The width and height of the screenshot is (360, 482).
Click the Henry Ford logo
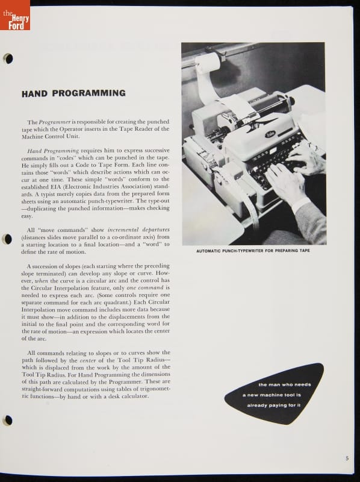point(15,15)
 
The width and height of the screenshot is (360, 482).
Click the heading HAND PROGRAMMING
point(73,93)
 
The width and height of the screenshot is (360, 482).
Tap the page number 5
point(347,459)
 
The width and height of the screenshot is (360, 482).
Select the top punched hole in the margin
point(8,58)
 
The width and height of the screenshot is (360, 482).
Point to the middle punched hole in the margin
point(7,239)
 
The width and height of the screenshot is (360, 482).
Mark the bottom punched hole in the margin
point(8,420)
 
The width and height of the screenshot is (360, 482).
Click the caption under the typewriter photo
point(253,251)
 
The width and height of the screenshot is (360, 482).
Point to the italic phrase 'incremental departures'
point(138,230)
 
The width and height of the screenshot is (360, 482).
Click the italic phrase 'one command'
point(145,288)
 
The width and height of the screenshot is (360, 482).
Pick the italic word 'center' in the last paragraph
point(88,360)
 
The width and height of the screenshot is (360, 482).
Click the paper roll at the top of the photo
point(208,63)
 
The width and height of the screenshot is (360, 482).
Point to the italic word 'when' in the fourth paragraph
point(41,281)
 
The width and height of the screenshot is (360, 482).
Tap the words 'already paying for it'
point(274,405)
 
